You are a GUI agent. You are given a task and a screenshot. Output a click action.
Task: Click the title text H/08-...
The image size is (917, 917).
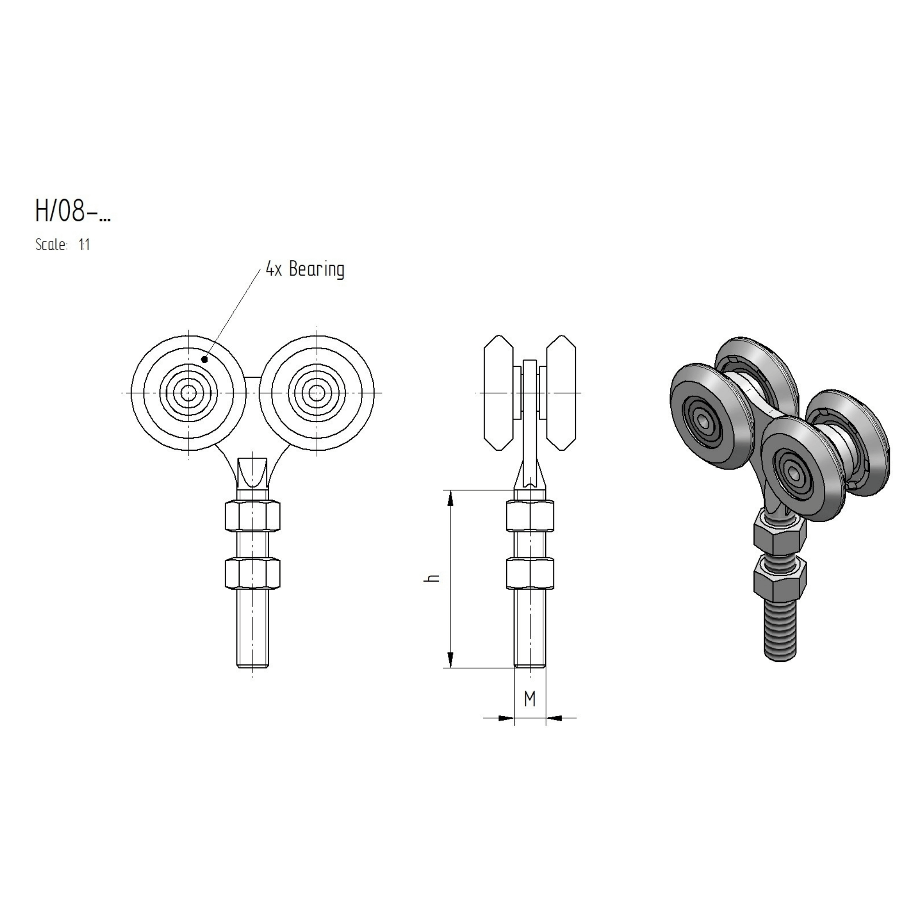coord(72,210)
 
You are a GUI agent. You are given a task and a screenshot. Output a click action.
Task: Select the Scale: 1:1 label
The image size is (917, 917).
coord(63,245)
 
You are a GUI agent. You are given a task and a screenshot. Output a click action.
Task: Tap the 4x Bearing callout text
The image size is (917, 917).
coord(305,269)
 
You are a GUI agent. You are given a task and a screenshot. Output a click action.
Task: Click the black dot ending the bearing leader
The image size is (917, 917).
coord(204,359)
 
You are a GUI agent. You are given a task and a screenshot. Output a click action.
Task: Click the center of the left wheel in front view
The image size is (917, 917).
coord(189,392)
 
